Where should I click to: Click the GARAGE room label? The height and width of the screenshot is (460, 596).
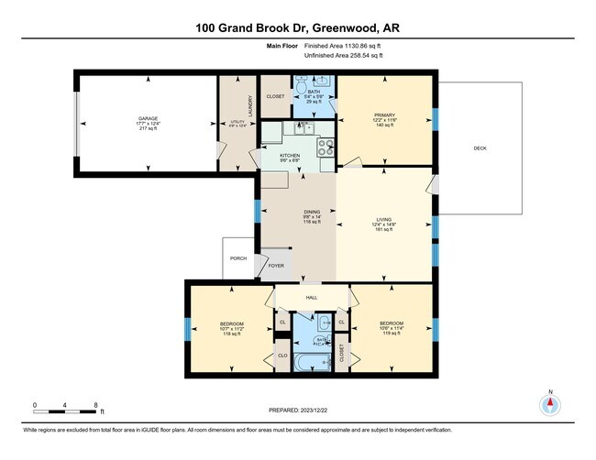[148, 119]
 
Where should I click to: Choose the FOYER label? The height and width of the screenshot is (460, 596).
[276, 266]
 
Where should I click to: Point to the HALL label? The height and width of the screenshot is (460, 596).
[311, 298]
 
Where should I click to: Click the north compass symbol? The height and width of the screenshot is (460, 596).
[551, 403]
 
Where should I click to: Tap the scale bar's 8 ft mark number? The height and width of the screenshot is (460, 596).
[95, 404]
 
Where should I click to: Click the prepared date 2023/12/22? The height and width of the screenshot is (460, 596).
[311, 410]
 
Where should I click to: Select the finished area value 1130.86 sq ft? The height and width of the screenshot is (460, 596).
[351, 44]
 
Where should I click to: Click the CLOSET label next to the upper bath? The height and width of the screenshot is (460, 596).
[275, 95]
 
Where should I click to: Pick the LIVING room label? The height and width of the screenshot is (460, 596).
[383, 219]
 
